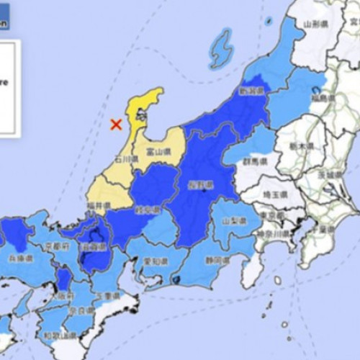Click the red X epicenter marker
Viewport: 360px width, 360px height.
pos(115,125)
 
